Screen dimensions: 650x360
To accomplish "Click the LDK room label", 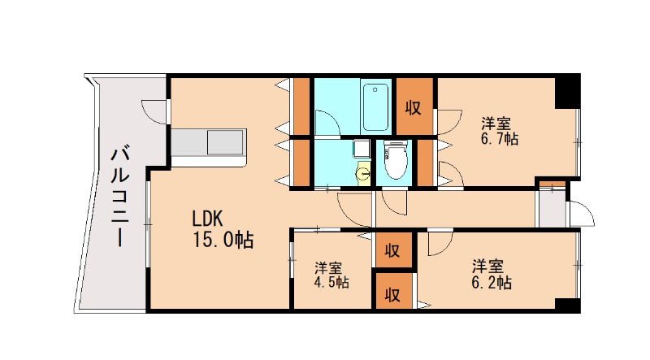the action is (208, 218).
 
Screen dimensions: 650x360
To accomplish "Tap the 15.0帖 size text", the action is (223, 240).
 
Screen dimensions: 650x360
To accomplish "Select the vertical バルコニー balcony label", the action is (119, 196).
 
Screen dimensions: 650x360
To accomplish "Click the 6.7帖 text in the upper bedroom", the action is (500, 138).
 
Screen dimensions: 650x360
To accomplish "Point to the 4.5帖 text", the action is (331, 282).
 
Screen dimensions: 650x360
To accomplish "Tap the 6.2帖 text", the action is (492, 283).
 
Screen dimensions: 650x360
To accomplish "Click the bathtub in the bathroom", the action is (375, 107).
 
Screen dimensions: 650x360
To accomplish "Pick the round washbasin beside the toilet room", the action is (364, 172).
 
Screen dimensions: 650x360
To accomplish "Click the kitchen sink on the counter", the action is (225, 143).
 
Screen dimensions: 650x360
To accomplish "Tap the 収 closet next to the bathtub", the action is (414, 108).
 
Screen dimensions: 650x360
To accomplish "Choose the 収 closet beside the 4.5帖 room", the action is (392, 250).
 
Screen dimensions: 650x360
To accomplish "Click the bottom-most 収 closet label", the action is (392, 294).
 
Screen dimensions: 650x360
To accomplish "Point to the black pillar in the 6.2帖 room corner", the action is (567, 305).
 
